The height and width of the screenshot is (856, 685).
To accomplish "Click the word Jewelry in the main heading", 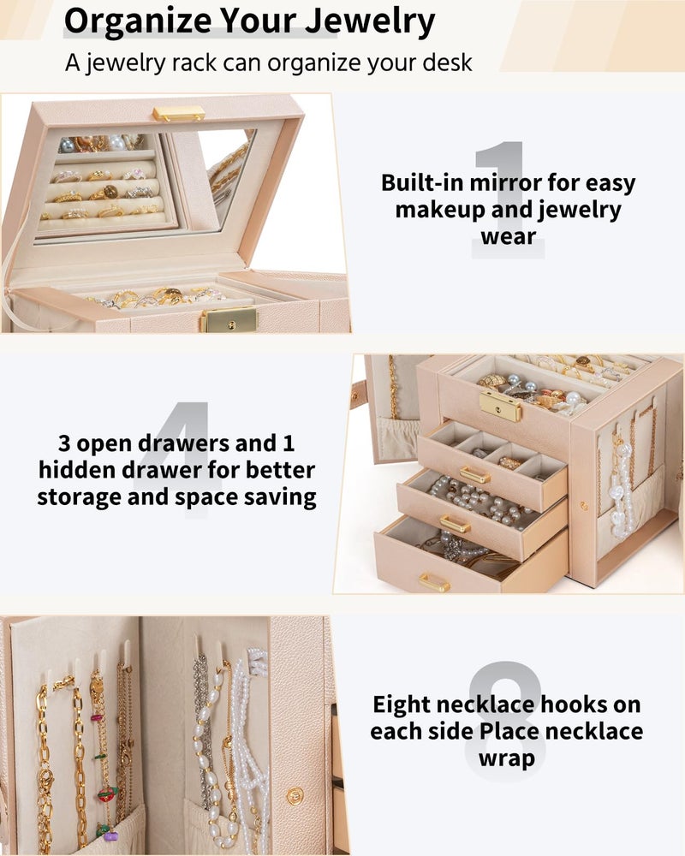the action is coord(370,21).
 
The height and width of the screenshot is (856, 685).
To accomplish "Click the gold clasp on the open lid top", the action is coord(179,114).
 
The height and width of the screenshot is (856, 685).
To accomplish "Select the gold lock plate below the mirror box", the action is coord(230,320).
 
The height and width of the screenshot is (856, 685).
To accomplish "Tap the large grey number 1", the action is coord(507,199).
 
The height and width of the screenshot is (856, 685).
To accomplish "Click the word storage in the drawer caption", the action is coord(79,498).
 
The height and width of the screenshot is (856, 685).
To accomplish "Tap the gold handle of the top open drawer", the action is coord(474,475).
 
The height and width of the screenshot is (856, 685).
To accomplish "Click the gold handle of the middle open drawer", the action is coord(455,524).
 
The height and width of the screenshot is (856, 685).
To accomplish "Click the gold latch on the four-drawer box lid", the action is coord(500,406).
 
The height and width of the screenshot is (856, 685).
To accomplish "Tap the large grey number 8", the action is coord(506,715).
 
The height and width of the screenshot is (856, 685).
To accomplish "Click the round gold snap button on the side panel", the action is coord(295,796).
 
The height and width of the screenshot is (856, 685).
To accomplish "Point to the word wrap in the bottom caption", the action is coord(507,758).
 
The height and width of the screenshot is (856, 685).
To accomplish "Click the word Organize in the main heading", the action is coord(138,21).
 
